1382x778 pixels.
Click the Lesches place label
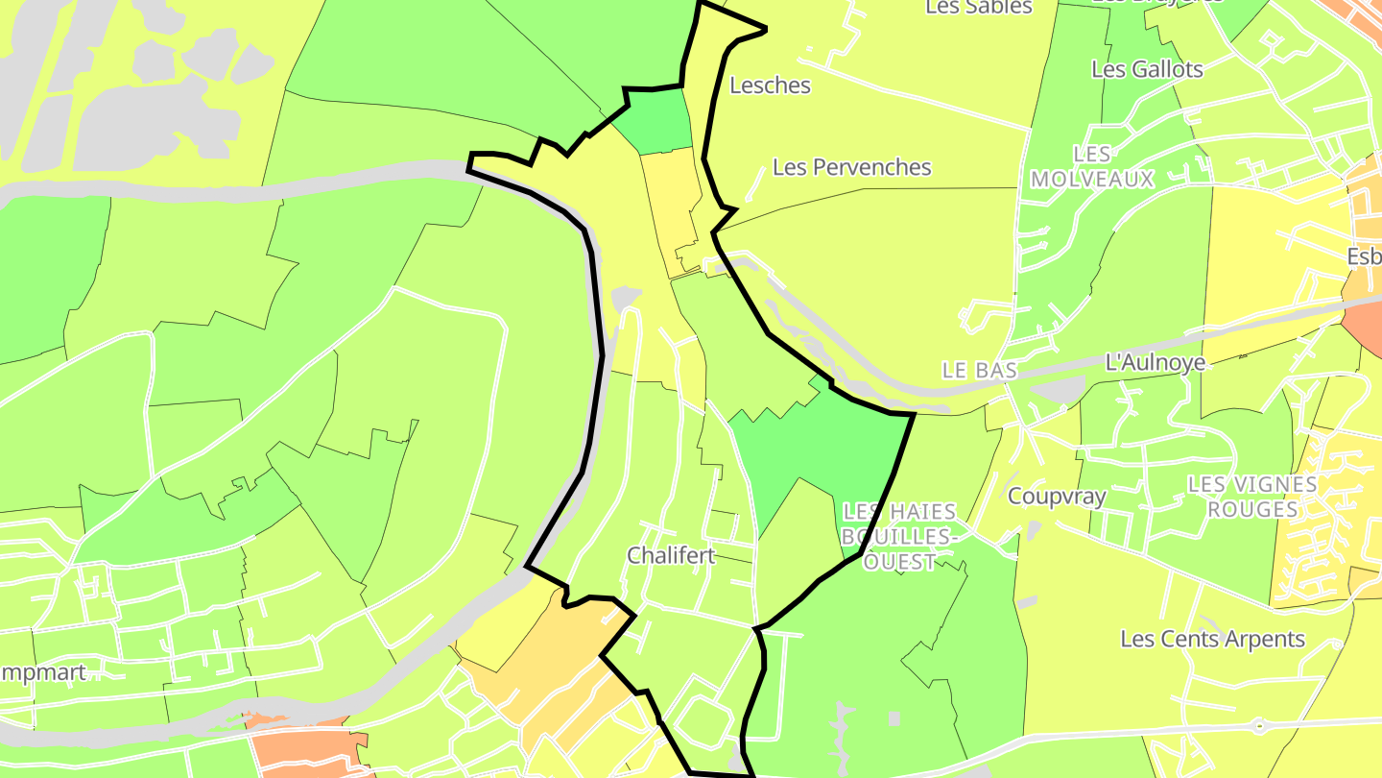[770, 85]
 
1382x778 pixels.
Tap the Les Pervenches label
[851, 167]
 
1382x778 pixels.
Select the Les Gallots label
[1147, 69]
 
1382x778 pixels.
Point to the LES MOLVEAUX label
[1091, 167]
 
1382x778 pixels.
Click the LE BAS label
[978, 371]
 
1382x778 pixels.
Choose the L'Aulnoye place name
[1155, 362]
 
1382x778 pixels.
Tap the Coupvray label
[1057, 497]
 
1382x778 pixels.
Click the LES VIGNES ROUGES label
[1252, 497]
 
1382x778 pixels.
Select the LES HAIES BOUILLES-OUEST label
[898, 537]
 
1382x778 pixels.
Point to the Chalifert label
[671, 555]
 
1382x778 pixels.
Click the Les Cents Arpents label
[1212, 639]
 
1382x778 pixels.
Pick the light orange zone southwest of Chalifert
[557, 653]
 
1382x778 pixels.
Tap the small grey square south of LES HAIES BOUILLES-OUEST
[894, 717]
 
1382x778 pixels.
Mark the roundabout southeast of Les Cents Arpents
[1258, 724]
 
